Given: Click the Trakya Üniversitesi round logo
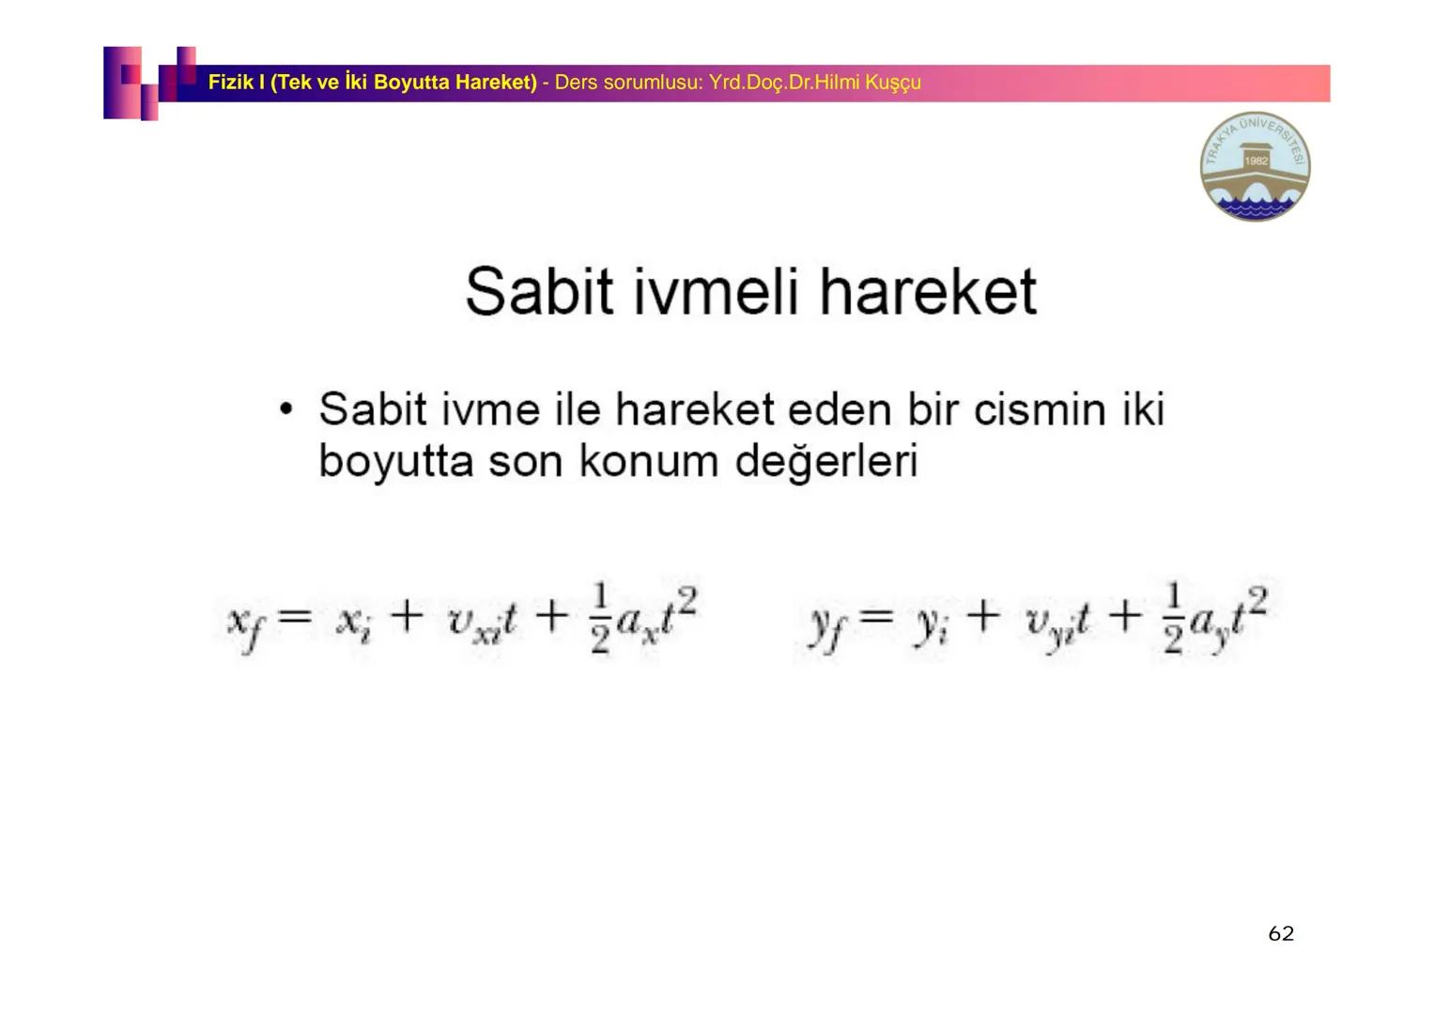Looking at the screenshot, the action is tap(1255, 166).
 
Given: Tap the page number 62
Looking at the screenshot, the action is tap(1281, 933).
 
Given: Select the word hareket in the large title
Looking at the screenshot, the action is tap(928, 292).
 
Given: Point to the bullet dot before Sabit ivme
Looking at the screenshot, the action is tap(286, 408).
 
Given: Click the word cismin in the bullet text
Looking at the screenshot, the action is tap(1040, 409).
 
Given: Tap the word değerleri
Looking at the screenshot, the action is tap(826, 461).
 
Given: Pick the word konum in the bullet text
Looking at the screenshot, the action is tap(649, 461).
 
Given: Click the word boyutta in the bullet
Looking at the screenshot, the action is tap(396, 462).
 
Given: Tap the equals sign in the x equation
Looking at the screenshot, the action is tap(295, 617).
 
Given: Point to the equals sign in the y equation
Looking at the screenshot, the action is tap(875, 617).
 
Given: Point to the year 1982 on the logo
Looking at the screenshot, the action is tap(1256, 161).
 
